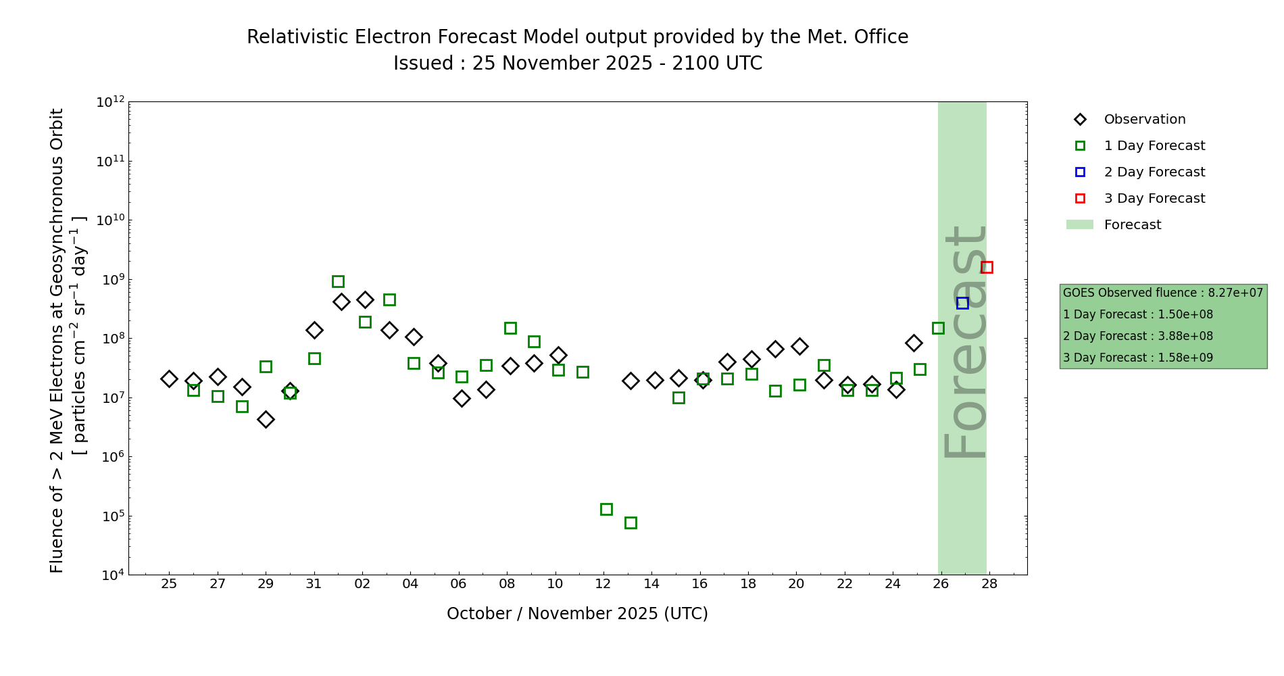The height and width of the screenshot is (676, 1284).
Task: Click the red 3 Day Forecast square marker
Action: pos(987,267)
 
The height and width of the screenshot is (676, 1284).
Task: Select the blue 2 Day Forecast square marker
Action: pos(962,303)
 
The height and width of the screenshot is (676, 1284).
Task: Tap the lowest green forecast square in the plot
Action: pos(631,523)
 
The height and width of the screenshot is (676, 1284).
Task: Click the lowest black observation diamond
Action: pos(266,419)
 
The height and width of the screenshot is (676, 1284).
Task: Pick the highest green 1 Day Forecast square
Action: pos(338,281)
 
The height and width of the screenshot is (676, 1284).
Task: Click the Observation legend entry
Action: pos(1144,120)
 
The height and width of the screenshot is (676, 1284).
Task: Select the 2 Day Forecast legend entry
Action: pos(1154,172)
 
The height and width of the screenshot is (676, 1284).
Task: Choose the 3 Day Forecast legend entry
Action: pos(1154,199)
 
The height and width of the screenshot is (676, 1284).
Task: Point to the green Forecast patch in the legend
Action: pos(1079,224)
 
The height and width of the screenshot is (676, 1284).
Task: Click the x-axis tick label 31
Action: pos(314,583)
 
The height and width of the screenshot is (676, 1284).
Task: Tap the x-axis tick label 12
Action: pos(603,583)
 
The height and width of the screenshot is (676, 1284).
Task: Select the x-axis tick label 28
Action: pos(989,583)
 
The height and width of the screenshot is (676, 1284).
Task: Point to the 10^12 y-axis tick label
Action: pos(110,103)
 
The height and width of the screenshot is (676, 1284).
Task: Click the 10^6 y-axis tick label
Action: pos(110,457)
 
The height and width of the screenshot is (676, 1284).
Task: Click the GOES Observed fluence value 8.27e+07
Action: pos(1235,293)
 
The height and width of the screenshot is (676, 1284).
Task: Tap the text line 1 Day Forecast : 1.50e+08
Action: pos(1138,314)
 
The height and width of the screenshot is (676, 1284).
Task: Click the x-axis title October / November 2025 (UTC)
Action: pos(577,614)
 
